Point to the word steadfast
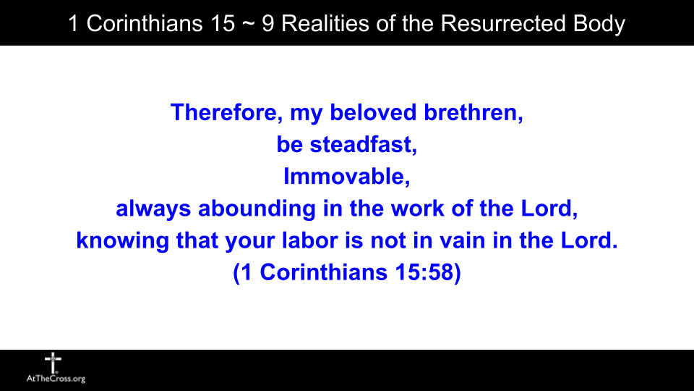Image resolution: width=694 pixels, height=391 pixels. click(x=364, y=145)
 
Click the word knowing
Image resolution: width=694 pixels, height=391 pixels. click(x=123, y=241)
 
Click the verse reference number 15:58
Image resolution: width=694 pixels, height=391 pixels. click(x=422, y=274)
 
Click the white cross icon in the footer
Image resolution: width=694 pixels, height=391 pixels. click(x=53, y=361)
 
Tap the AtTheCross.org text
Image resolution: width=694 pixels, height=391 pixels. click(x=55, y=379)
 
